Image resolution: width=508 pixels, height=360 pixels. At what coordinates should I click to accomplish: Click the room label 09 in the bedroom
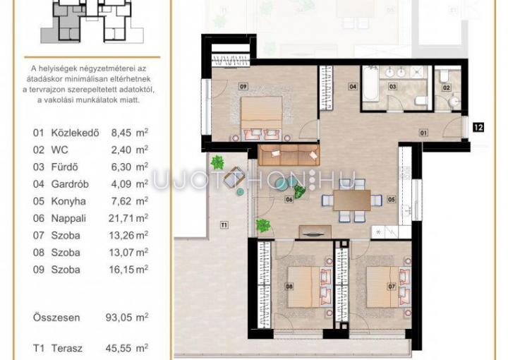pos(243,87)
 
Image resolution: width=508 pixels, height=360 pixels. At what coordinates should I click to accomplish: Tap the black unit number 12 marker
pos(478,127)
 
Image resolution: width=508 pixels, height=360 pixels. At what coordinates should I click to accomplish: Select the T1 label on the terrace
pos(224,224)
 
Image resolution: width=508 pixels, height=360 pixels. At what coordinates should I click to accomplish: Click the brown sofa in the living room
pos(289,155)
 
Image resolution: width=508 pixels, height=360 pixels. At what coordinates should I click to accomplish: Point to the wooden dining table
pos(352,200)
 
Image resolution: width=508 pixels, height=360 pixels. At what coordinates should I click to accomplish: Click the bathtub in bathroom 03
pos(370,83)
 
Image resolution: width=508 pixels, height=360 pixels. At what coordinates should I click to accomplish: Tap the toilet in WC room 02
pos(444,76)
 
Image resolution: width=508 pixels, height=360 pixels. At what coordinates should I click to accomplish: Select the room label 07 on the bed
pos(392,287)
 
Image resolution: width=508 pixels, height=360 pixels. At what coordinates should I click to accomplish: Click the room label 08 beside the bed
pos(289,287)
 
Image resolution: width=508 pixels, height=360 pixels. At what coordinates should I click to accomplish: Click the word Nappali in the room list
pos(68,218)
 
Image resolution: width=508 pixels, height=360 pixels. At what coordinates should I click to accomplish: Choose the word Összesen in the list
pos(56,318)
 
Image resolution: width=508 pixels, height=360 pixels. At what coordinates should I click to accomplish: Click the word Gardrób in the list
pos(70,184)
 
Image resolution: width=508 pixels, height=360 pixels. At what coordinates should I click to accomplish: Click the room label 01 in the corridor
pos(423,133)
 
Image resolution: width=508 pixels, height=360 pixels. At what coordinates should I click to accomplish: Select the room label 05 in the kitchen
pos(392,199)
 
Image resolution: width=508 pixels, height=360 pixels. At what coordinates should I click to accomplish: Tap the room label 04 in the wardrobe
pos(353,87)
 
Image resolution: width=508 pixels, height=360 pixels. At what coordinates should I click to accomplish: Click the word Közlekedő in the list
pos(75,133)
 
